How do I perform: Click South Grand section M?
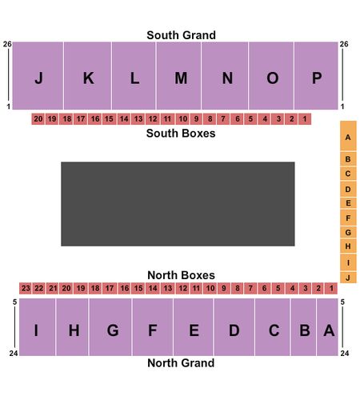(178, 75)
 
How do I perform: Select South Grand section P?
(316, 75)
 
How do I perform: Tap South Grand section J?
(38, 75)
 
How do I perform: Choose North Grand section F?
(153, 327)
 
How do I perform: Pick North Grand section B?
(303, 327)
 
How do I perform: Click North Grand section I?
(38, 327)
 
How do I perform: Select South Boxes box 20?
(38, 119)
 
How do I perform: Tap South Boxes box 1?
(305, 119)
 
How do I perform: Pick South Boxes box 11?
(167, 119)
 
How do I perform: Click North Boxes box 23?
(26, 288)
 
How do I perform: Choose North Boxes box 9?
(224, 288)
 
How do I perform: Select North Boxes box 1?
(331, 288)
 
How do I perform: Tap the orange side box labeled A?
(348, 136)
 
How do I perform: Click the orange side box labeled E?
(348, 203)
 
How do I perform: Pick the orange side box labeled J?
(348, 278)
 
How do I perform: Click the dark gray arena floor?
(178, 204)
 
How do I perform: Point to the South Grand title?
(181, 35)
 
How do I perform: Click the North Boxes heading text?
(181, 275)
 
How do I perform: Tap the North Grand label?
(181, 363)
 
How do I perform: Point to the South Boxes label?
(181, 134)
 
